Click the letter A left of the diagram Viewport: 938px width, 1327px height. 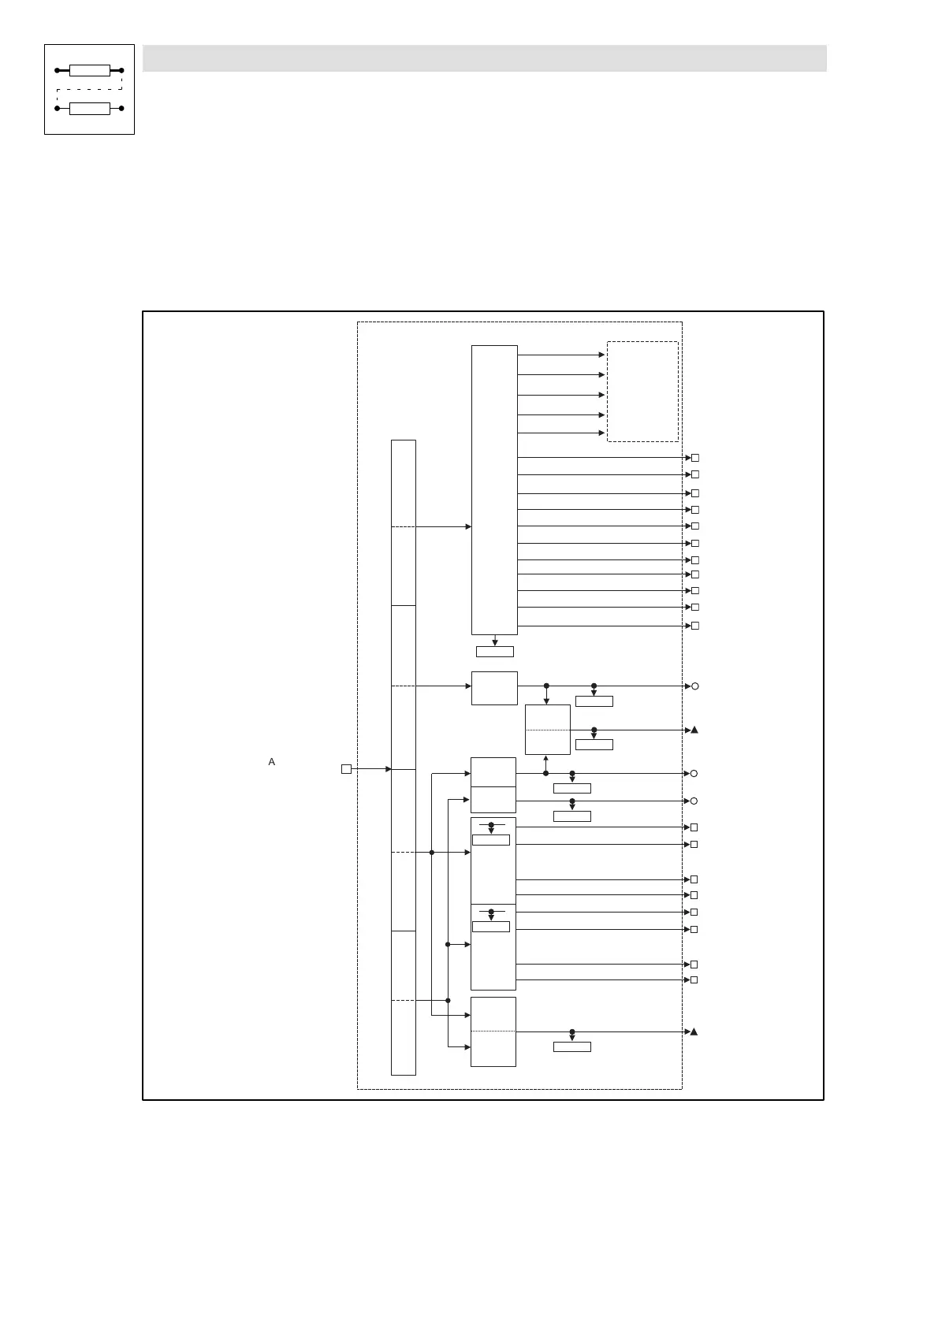[272, 762]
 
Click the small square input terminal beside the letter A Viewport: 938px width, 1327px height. [346, 769]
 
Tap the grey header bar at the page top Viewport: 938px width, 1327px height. [484, 58]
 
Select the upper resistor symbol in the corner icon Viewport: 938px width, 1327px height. [89, 71]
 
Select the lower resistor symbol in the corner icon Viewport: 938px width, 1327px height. [89, 108]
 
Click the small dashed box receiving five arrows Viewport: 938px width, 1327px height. [642, 392]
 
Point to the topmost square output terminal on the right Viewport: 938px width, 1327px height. [695, 458]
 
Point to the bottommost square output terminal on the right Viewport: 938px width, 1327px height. [694, 980]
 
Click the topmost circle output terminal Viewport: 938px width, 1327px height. [695, 686]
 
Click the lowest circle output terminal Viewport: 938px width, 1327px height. [694, 801]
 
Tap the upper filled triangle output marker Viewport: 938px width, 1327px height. [694, 730]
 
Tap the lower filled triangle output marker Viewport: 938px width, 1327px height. [694, 1032]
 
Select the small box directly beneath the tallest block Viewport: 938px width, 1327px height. [495, 652]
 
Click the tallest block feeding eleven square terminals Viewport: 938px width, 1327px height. [494, 489]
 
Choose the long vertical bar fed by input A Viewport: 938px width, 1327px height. [403, 756]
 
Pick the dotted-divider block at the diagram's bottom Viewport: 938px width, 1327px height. [493, 1031]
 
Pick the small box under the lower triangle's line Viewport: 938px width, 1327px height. [572, 1046]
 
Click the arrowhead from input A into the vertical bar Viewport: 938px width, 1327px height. [389, 769]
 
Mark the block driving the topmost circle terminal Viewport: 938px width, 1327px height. [494, 688]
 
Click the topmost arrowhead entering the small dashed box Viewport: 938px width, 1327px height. [602, 355]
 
